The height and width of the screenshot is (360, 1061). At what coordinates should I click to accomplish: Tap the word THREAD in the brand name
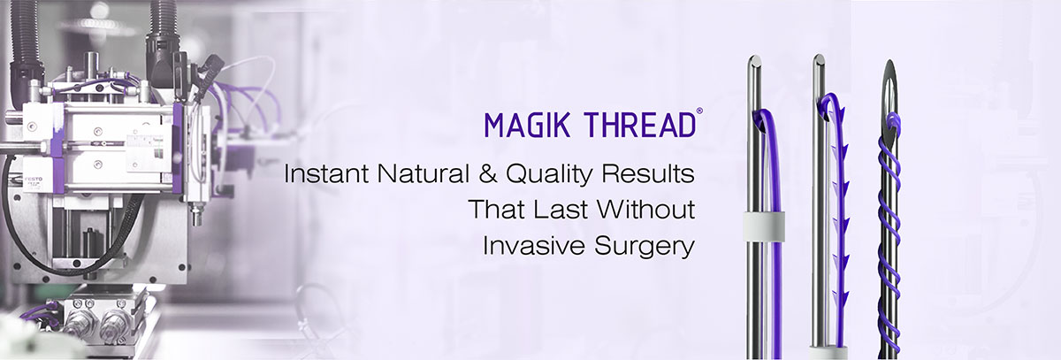(x=640, y=125)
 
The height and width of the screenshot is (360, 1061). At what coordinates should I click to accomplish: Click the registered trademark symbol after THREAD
(x=699, y=111)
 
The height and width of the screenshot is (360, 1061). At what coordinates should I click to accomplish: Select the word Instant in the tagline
(x=326, y=174)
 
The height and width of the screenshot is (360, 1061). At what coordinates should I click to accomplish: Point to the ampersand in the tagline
(x=488, y=174)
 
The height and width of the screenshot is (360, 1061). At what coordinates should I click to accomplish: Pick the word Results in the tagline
(x=648, y=174)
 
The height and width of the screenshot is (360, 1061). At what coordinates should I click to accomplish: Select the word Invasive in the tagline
(x=533, y=245)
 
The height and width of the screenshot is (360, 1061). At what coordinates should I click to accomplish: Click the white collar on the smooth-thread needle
(x=764, y=225)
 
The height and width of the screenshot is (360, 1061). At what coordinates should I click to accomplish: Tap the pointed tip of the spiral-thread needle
(x=889, y=63)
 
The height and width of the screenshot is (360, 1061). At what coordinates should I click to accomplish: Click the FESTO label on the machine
(x=34, y=179)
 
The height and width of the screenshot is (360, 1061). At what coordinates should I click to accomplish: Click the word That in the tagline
(x=496, y=210)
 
